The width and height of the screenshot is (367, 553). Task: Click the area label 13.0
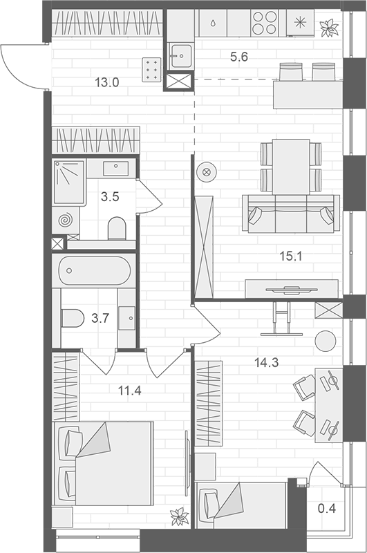point(107,83)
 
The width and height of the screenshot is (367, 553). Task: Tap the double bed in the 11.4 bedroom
point(104,462)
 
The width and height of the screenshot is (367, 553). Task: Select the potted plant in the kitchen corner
point(328,28)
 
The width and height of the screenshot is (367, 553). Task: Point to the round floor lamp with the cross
point(205,174)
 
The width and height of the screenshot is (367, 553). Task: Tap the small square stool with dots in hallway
point(151,69)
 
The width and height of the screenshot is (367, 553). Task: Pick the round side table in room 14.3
point(325,340)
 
